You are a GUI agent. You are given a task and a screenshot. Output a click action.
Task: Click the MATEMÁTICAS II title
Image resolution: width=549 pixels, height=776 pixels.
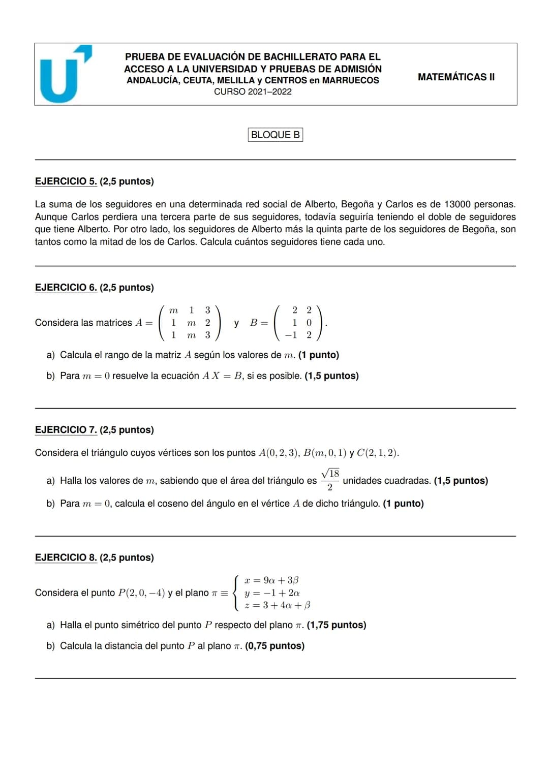click(x=456, y=77)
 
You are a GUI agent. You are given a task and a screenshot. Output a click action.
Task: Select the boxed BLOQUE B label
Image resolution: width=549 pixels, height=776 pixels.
click(x=275, y=135)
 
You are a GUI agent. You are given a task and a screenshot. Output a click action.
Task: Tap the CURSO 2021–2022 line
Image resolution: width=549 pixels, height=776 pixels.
click(x=253, y=92)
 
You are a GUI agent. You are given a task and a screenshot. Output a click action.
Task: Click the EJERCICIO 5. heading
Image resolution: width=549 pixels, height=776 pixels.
click(x=66, y=181)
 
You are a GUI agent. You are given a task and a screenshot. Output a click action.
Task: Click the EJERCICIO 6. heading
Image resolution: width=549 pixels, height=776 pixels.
click(x=66, y=288)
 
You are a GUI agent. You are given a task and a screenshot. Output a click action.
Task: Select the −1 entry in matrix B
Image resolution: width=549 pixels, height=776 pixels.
click(x=291, y=335)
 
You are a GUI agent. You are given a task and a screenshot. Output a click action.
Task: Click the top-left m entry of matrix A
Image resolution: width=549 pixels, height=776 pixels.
click(x=174, y=310)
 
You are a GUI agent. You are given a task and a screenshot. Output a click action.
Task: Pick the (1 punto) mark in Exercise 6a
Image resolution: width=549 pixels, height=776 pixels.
click(x=319, y=355)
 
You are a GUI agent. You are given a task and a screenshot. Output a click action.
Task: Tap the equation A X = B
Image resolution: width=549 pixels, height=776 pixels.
click(x=223, y=376)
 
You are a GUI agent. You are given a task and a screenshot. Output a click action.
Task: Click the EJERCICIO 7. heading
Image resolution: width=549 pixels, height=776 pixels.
click(x=66, y=430)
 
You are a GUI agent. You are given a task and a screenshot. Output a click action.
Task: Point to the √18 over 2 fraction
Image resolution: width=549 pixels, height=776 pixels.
click(x=330, y=480)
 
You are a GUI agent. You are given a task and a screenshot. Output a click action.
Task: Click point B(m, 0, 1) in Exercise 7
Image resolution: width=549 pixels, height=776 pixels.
click(x=324, y=453)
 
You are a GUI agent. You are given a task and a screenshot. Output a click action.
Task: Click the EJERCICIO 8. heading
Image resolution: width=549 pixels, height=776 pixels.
click(x=66, y=557)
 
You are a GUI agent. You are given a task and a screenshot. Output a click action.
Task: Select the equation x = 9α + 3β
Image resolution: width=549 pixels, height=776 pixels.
click(x=271, y=580)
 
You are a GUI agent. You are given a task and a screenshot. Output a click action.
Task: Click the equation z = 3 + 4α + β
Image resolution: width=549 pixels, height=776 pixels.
click(x=277, y=605)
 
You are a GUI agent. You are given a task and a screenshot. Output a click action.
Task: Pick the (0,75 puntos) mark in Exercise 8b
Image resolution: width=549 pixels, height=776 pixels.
click(x=275, y=646)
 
